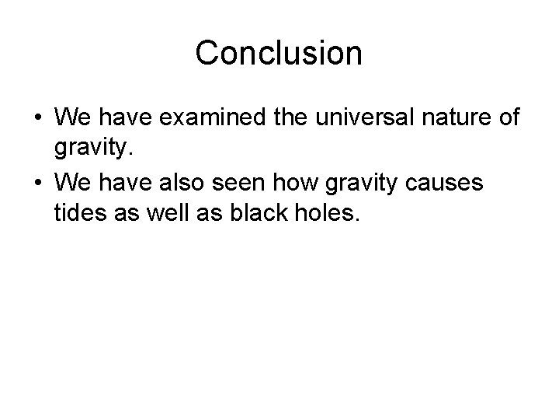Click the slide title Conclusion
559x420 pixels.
click(x=279, y=54)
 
